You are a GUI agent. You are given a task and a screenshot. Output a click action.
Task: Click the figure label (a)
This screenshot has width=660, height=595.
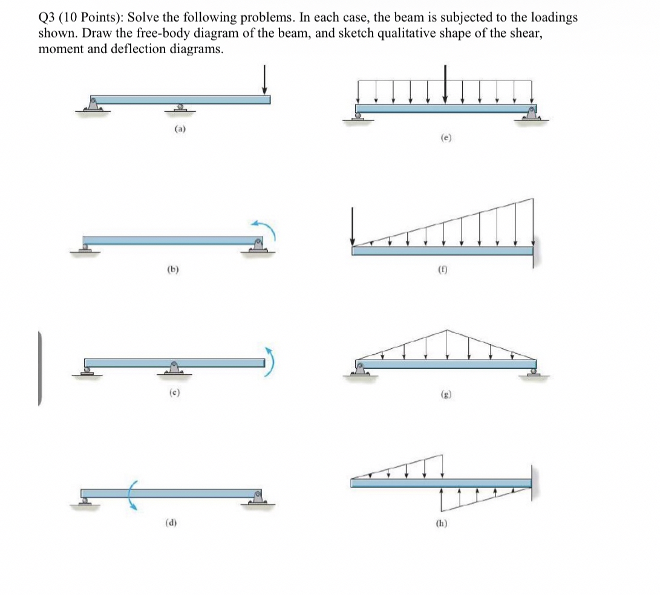(x=180, y=129)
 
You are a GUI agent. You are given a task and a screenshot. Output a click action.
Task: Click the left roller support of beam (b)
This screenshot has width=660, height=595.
(x=87, y=247)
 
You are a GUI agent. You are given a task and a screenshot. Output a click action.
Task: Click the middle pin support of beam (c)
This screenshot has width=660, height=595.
(x=174, y=369)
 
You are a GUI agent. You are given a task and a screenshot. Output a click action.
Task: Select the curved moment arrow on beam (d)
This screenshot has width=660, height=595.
(x=131, y=493)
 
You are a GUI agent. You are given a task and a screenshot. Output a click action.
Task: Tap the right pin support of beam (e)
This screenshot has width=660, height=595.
(x=531, y=113)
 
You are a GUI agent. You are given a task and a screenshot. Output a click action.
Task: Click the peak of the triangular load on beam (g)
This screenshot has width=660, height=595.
(x=447, y=331)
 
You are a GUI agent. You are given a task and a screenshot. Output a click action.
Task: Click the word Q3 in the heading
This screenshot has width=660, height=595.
(x=47, y=18)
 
